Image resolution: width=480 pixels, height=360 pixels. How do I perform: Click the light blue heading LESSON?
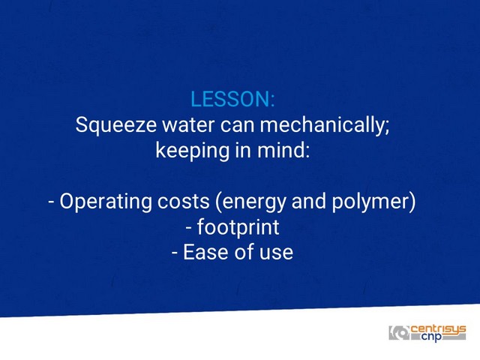pos(232,99)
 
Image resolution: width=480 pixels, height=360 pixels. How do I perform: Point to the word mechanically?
pos(325,125)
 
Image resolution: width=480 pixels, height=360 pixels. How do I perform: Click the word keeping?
pos(192,151)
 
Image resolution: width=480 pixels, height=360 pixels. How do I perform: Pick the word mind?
pos(283,150)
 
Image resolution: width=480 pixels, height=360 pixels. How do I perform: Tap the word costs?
pos(183,202)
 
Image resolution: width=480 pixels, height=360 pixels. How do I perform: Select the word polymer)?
pos(373,202)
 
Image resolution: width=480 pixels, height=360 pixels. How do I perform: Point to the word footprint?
pos(238,226)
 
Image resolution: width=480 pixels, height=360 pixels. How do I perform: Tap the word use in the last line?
pos(277,253)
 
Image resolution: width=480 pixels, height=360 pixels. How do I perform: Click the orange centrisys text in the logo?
pos(438,329)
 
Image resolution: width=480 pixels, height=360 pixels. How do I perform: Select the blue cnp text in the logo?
pos(432,337)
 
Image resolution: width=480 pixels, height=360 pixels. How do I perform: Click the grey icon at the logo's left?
pos(399,333)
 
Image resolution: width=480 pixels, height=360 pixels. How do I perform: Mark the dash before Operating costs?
pos(52,202)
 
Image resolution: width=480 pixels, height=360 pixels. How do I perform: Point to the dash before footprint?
pos(188,228)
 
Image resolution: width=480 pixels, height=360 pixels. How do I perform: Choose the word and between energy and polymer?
pos(309,202)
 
